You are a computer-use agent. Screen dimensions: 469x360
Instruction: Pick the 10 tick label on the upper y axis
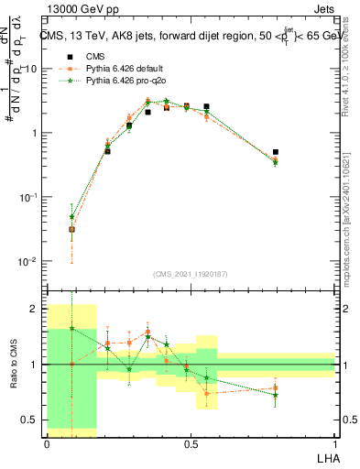pyautogui.click(x=30, y=69)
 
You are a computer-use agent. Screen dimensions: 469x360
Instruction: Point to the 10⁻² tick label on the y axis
pyautogui.click(x=27, y=261)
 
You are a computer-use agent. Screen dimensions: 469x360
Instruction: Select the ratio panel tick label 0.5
pyautogui.click(x=32, y=420)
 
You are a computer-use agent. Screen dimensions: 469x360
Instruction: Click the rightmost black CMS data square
pyautogui.click(x=276, y=152)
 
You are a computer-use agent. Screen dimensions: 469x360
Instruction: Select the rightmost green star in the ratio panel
pyautogui.click(x=276, y=395)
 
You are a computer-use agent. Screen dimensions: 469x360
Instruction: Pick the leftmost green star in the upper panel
pyautogui.click(x=71, y=217)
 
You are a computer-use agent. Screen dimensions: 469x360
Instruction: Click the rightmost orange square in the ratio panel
pyautogui.click(x=276, y=388)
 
